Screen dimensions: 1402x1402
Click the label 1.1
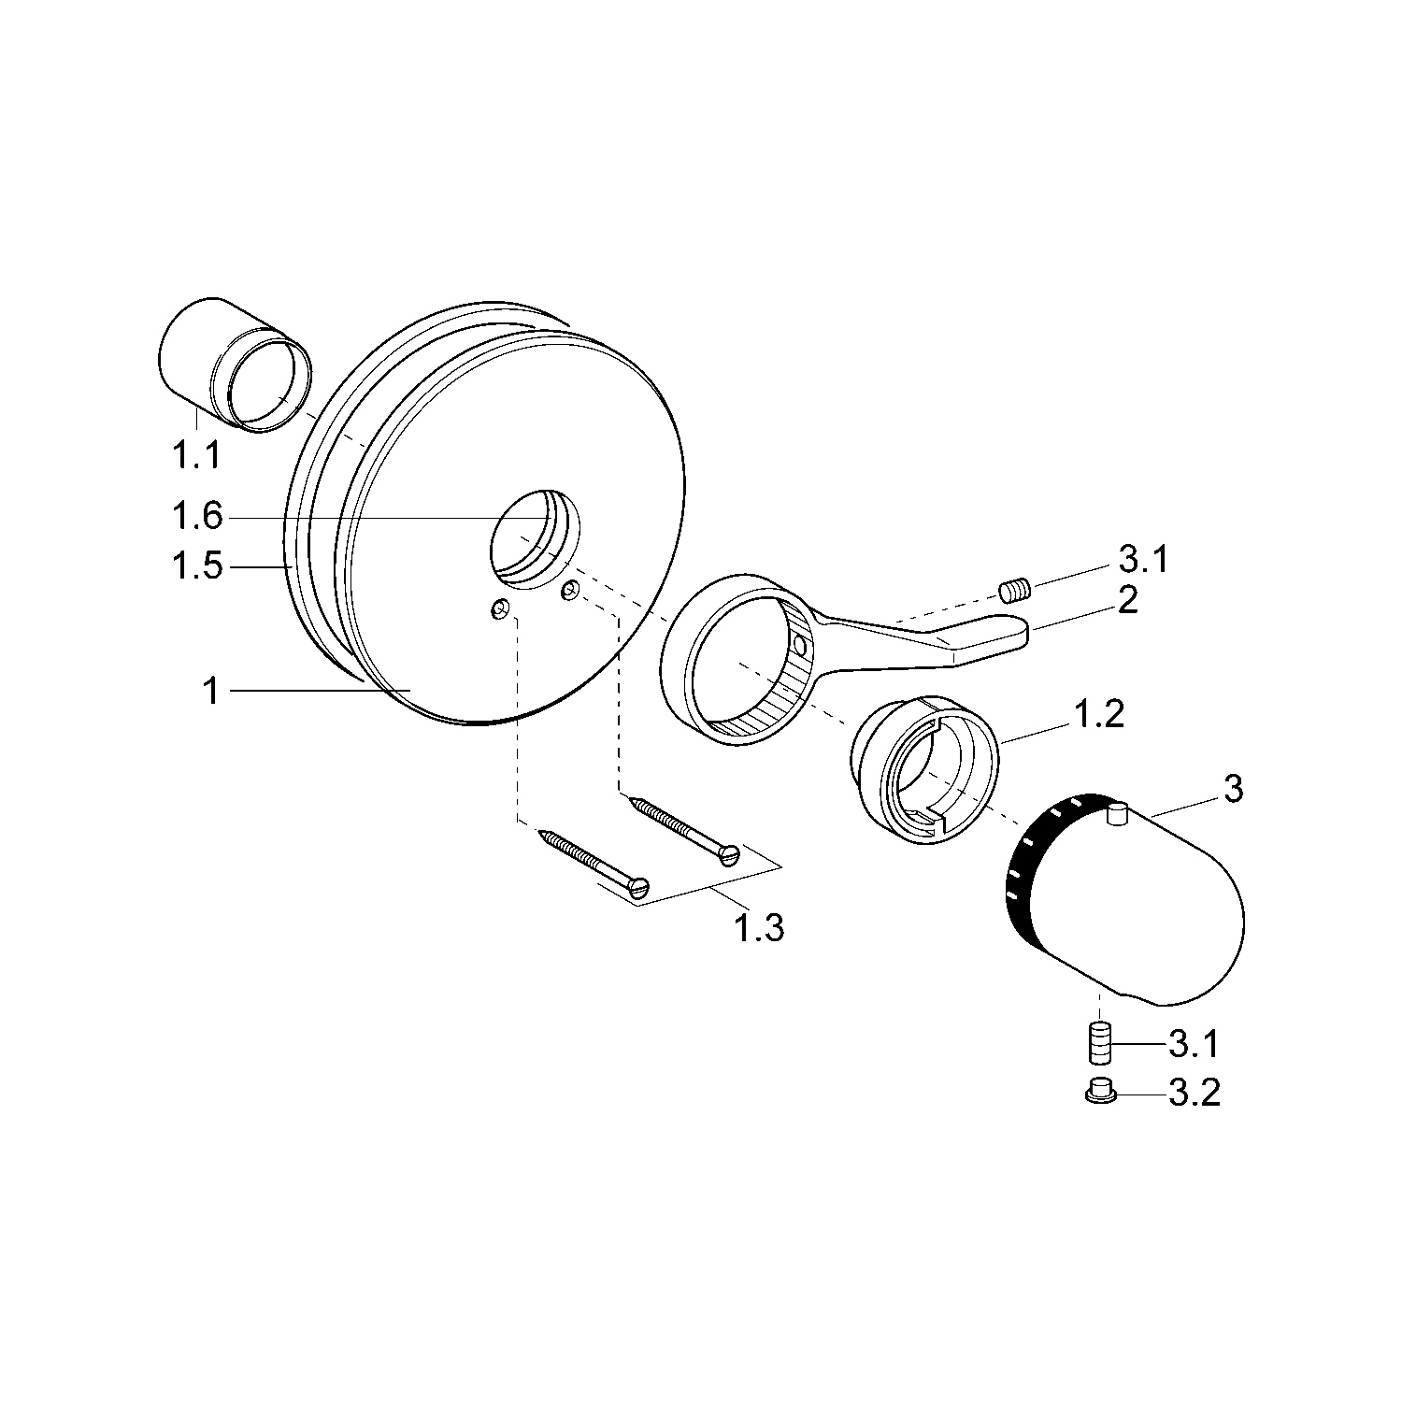tap(195, 455)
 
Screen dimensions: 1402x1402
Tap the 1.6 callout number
tap(196, 516)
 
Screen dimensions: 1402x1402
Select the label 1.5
tap(197, 566)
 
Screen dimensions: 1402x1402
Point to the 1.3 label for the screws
tap(758, 928)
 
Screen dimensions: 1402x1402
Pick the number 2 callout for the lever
tap(1127, 600)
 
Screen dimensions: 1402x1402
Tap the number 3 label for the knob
tap(1233, 790)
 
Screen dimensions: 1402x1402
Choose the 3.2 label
tap(1194, 1093)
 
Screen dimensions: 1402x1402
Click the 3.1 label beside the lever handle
tap(1142, 561)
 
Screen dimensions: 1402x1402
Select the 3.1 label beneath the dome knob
tap(1194, 1044)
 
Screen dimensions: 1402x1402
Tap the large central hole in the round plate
tap(534, 539)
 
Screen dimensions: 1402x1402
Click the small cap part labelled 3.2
tap(1100, 1092)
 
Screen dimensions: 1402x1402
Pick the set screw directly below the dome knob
tap(1100, 1043)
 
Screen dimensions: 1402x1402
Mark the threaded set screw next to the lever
tap(1014, 589)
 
